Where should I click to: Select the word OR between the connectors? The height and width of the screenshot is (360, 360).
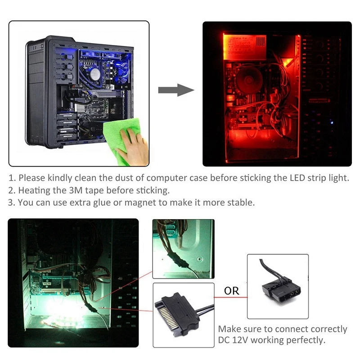(x=232, y=291)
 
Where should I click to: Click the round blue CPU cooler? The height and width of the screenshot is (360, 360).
(x=95, y=73)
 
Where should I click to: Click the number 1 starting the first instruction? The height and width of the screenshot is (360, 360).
(x=11, y=178)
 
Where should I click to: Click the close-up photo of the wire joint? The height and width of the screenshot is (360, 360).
(x=183, y=248)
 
